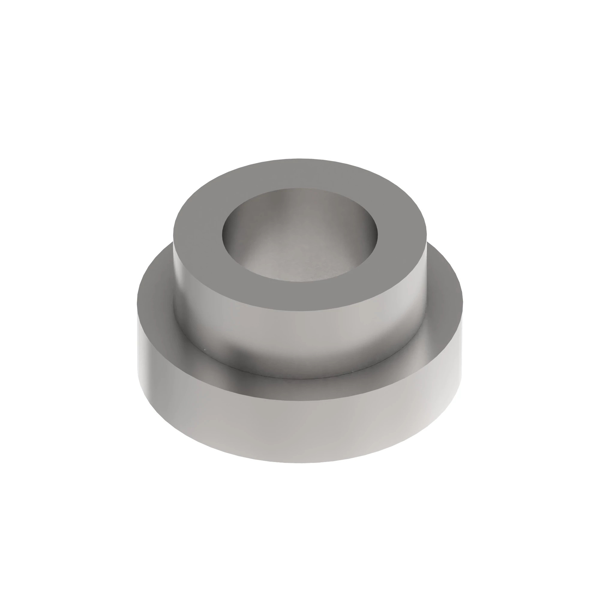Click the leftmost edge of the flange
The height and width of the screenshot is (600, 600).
[137, 310]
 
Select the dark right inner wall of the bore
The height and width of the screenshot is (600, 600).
[371, 236]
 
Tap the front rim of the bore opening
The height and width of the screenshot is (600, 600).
[300, 281]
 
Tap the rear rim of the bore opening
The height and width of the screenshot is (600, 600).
[300, 188]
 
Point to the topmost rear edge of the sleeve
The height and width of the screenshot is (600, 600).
[300, 159]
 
